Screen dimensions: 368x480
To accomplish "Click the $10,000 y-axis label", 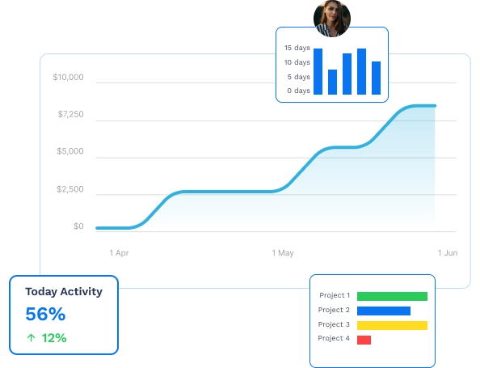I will click(68, 78).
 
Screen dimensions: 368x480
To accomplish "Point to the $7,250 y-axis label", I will click(70, 115).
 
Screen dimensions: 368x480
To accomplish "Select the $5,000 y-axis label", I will click(70, 152).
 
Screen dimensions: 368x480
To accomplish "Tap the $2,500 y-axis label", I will click(70, 189).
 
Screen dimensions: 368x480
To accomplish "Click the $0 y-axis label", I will click(78, 226).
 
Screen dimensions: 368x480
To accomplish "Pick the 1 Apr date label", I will click(119, 253).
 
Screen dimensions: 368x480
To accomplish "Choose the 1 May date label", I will click(283, 253).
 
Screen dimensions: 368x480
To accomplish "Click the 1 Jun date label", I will click(448, 253).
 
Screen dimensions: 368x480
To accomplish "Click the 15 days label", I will click(297, 48).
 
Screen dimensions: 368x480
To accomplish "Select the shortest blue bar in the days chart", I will click(332, 82).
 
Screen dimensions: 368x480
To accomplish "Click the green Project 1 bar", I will click(392, 296).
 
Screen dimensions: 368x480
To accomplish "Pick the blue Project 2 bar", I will click(384, 311).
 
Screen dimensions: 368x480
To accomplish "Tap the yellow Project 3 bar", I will click(392, 325).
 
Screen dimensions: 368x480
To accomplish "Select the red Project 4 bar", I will click(364, 340).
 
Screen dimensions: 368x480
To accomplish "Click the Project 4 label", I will click(334, 339).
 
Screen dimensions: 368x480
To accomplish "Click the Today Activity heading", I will click(64, 292).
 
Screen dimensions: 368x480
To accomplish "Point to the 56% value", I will click(45, 315).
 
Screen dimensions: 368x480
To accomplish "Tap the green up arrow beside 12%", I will click(31, 338).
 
